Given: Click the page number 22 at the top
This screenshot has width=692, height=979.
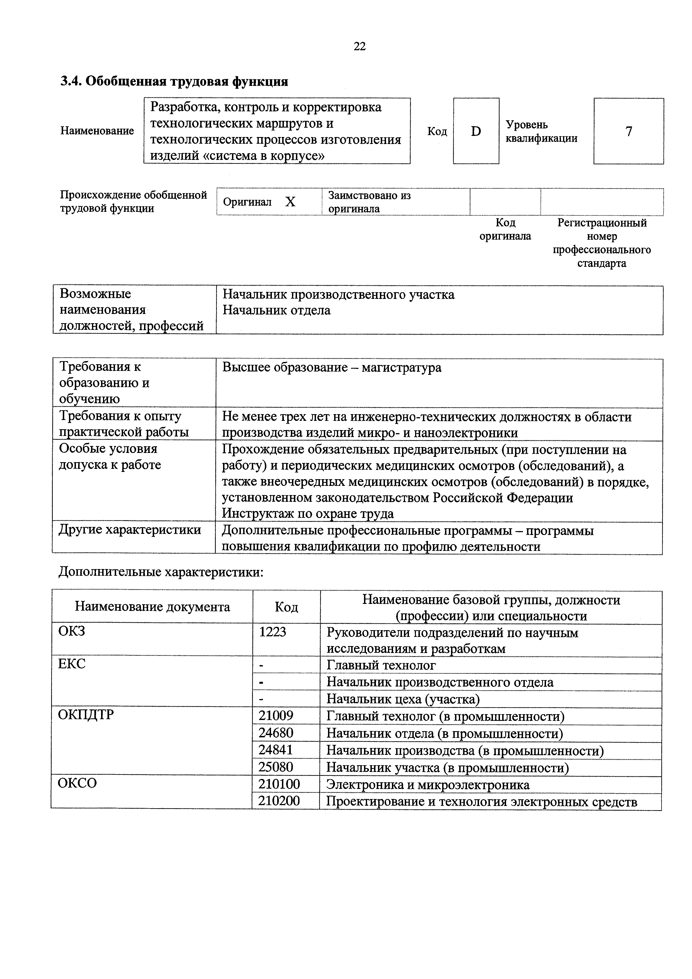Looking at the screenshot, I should (x=360, y=46).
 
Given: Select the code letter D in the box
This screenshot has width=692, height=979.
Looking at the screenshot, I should (x=476, y=131).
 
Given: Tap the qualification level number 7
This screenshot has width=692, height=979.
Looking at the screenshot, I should (x=628, y=131).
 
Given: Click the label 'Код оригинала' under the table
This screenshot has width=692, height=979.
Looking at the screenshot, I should (x=505, y=229).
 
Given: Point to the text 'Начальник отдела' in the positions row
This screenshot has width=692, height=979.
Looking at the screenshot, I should (x=276, y=310).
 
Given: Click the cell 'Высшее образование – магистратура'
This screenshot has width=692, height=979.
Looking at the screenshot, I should (x=332, y=368).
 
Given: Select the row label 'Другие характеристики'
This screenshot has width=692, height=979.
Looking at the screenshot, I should (x=130, y=530).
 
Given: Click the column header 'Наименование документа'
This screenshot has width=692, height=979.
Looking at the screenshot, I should (x=152, y=606).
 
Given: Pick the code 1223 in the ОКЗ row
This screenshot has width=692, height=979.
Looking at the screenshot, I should (x=272, y=632).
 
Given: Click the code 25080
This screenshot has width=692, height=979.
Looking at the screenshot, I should (x=276, y=767).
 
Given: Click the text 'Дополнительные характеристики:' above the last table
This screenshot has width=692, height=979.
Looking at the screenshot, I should (x=161, y=572).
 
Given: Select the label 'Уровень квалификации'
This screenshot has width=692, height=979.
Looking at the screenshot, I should (x=542, y=131).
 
